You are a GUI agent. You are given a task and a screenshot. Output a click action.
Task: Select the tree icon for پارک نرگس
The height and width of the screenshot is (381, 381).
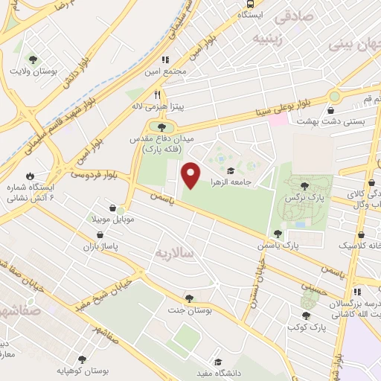[305, 186]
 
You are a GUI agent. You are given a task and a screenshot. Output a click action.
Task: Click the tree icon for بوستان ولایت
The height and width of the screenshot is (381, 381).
[32, 59]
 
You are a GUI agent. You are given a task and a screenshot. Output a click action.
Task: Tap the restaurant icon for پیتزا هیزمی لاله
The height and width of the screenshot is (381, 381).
[156, 95]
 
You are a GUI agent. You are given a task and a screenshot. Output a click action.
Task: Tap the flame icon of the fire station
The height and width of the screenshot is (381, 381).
[30, 177]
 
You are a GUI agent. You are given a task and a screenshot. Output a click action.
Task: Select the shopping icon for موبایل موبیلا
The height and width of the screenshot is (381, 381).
[111, 209]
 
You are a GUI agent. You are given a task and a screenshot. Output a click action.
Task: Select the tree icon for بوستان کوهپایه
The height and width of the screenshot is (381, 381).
[82, 358]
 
